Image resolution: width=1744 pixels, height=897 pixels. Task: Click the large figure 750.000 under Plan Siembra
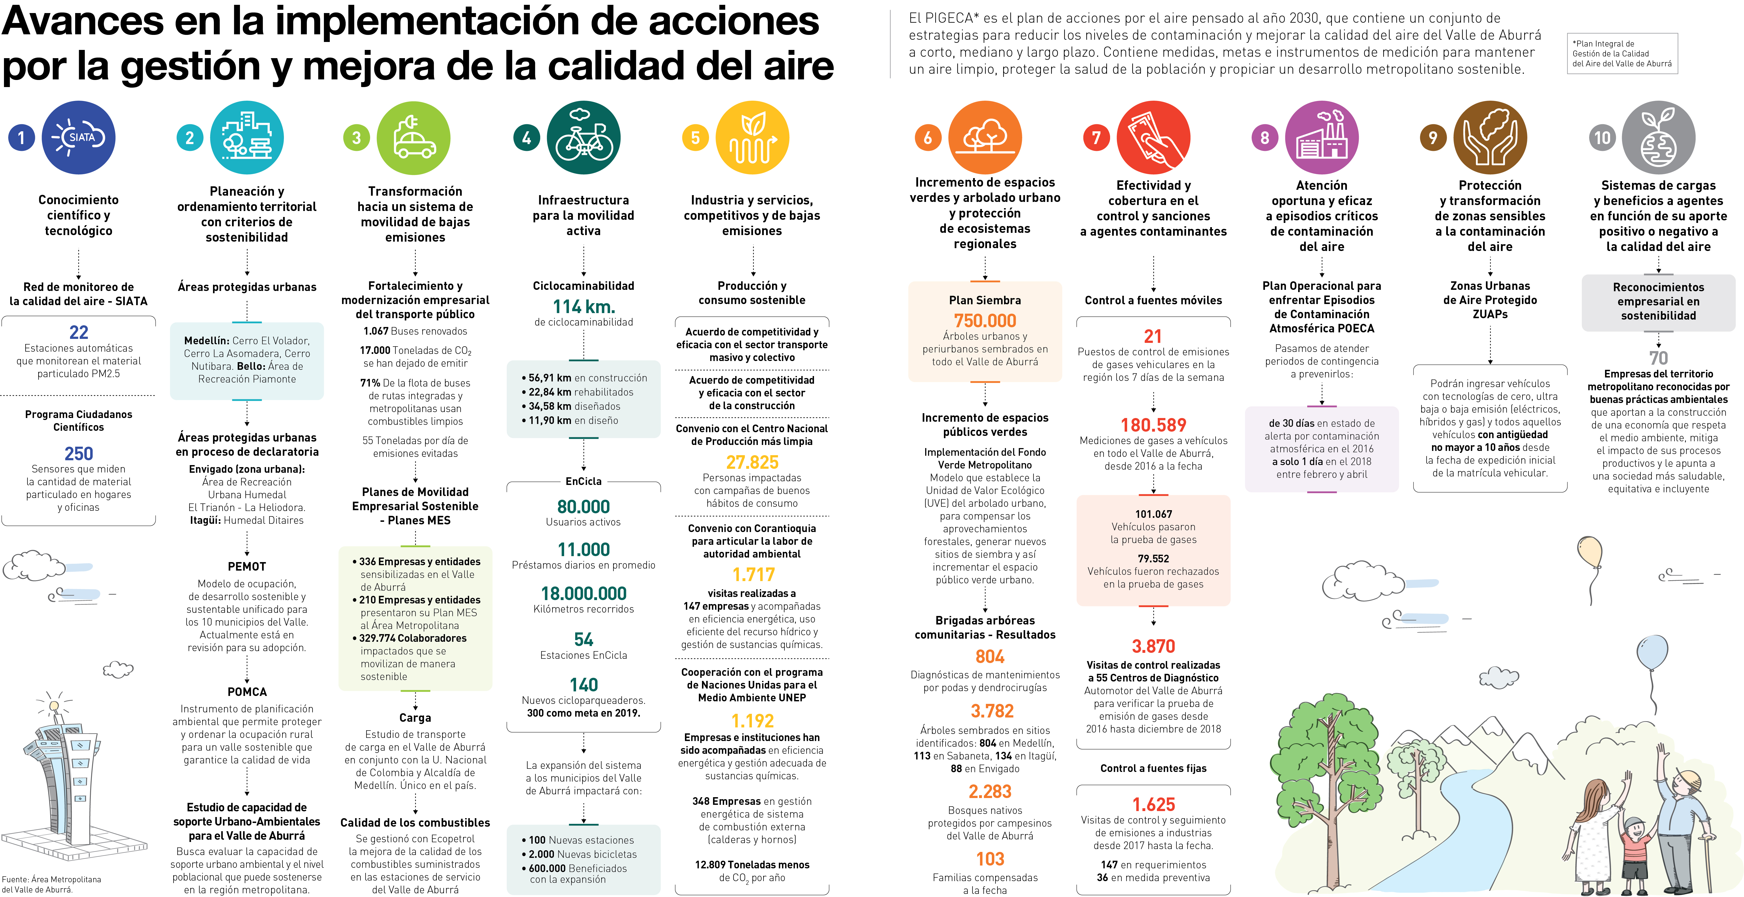click(985, 320)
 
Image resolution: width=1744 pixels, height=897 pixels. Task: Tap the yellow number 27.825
click(752, 462)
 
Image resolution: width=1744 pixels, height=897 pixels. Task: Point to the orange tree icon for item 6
click(985, 138)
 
